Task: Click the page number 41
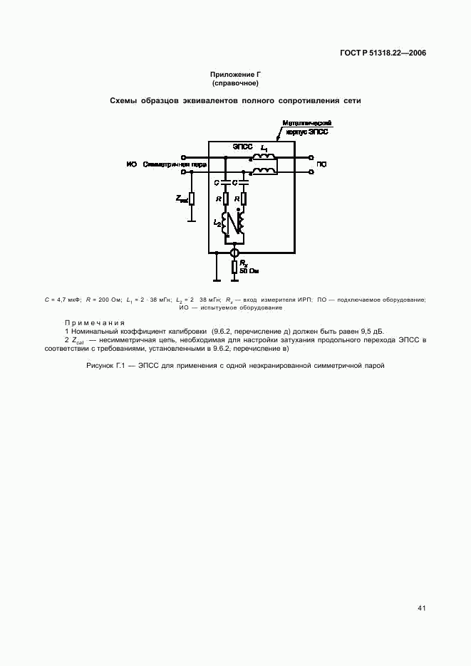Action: (421, 608)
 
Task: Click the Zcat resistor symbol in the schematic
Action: (192, 199)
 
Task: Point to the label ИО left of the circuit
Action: (131, 164)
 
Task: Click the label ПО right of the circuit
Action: (321, 164)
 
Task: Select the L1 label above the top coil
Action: (264, 147)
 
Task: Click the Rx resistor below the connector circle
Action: (234, 268)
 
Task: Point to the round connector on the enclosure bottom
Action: (234, 253)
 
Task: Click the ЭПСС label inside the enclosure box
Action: (242, 147)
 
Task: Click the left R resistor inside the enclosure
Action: (225, 199)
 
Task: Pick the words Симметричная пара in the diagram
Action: (175, 164)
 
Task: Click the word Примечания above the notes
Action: (95, 322)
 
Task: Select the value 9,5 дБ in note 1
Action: (371, 332)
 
